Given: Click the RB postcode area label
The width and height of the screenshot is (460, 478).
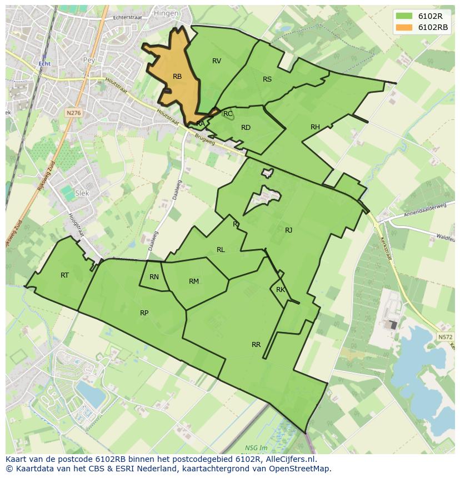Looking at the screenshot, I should [x=177, y=77].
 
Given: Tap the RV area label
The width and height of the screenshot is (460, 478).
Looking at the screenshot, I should [x=217, y=61].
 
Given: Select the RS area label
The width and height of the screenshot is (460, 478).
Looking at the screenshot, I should [x=267, y=79].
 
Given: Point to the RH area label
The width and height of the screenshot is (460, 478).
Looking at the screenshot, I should [x=315, y=127].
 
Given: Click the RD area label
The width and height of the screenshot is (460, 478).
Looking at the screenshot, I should [x=246, y=128].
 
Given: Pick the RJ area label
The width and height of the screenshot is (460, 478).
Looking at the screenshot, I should [x=288, y=230].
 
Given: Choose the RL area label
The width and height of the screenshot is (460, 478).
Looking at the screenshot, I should [x=221, y=250].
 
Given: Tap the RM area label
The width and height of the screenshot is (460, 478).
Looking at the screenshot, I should [x=193, y=281].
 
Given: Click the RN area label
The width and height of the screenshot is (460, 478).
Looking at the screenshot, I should [x=154, y=277].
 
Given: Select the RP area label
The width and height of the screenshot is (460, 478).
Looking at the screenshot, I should [x=144, y=313].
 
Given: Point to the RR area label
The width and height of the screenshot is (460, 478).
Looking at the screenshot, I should [x=256, y=345].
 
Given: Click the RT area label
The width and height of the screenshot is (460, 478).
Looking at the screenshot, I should [x=64, y=275].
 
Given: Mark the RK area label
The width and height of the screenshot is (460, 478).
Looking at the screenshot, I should [x=280, y=290].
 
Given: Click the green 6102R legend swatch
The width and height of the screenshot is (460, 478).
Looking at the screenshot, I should [x=404, y=16].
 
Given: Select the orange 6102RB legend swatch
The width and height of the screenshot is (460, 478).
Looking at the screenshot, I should [x=404, y=27].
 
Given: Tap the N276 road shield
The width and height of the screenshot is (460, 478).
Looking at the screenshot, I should [x=73, y=113].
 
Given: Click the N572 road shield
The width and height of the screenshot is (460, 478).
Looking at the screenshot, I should [x=444, y=337].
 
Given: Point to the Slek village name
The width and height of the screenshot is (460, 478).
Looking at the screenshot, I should [x=82, y=193].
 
